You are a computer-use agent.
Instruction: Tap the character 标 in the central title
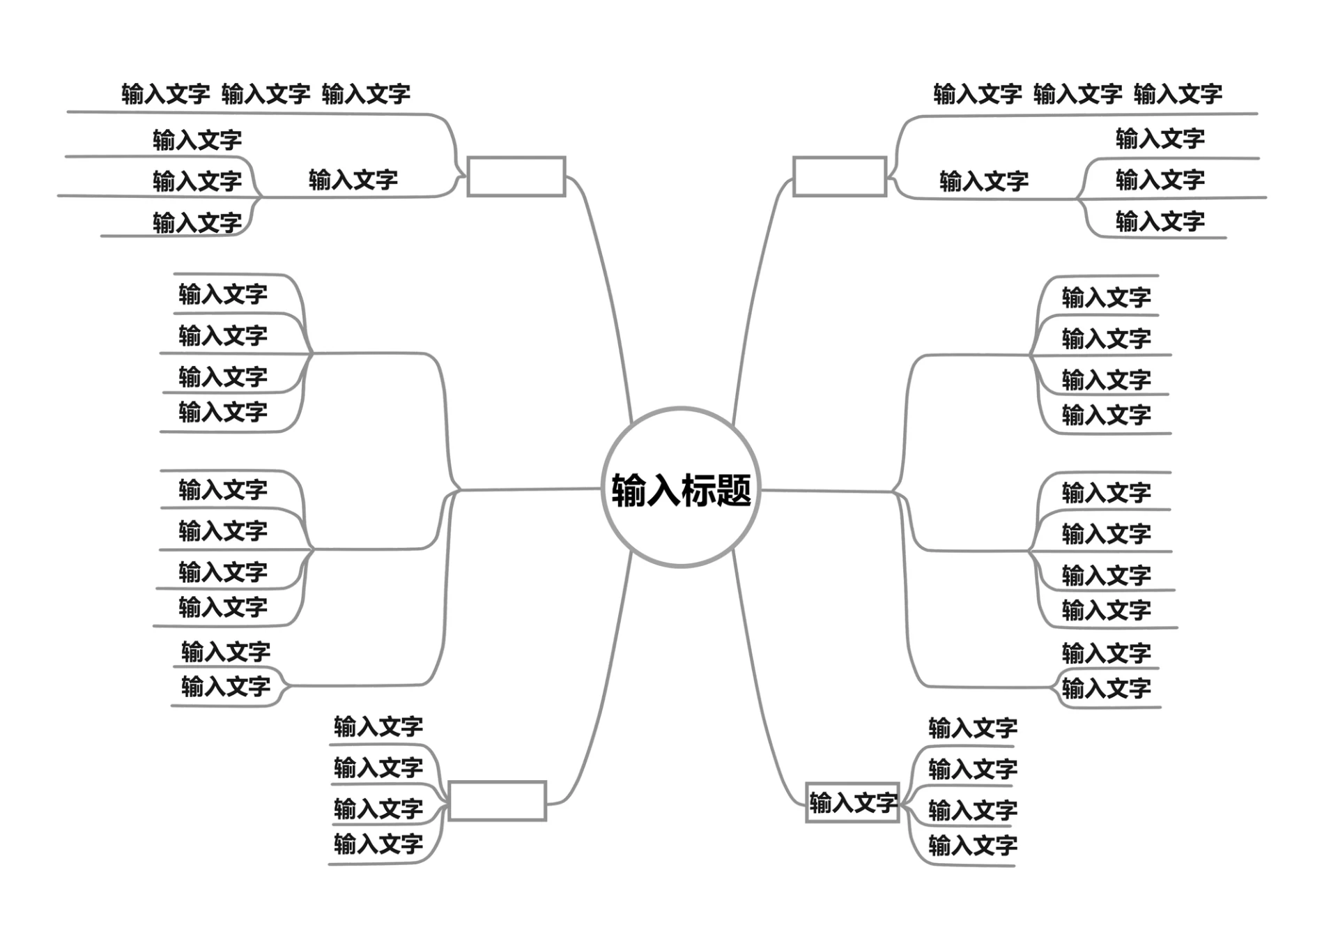(x=698, y=490)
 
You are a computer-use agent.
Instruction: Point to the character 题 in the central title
(x=734, y=490)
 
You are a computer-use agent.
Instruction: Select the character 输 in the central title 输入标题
(x=629, y=490)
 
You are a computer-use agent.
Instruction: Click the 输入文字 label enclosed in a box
(x=852, y=803)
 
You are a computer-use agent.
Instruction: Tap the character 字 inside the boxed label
(x=885, y=803)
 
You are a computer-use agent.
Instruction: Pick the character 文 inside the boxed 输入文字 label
(x=863, y=803)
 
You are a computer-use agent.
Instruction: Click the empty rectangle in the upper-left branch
(x=516, y=176)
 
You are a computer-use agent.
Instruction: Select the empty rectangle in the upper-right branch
(x=840, y=176)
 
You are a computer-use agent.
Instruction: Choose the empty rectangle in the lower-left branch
(x=497, y=801)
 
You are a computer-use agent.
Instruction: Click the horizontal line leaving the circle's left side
(x=530, y=490)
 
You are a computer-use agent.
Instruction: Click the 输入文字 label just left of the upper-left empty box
(x=353, y=180)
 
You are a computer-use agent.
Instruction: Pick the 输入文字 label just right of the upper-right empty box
(x=983, y=181)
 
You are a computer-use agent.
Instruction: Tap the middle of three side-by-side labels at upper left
(x=266, y=93)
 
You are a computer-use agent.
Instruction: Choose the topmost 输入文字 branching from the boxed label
(x=972, y=728)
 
